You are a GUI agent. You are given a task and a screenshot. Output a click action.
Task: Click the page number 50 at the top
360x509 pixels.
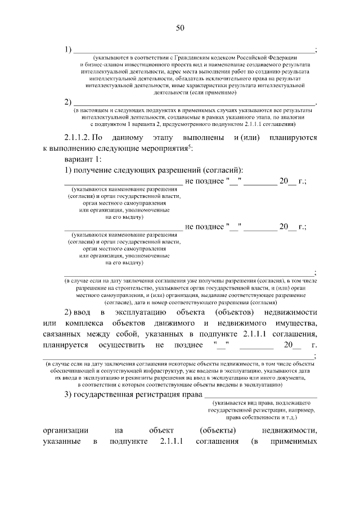click(180, 28)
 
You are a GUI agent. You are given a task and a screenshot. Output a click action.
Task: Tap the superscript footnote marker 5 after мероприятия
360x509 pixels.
click(190, 146)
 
